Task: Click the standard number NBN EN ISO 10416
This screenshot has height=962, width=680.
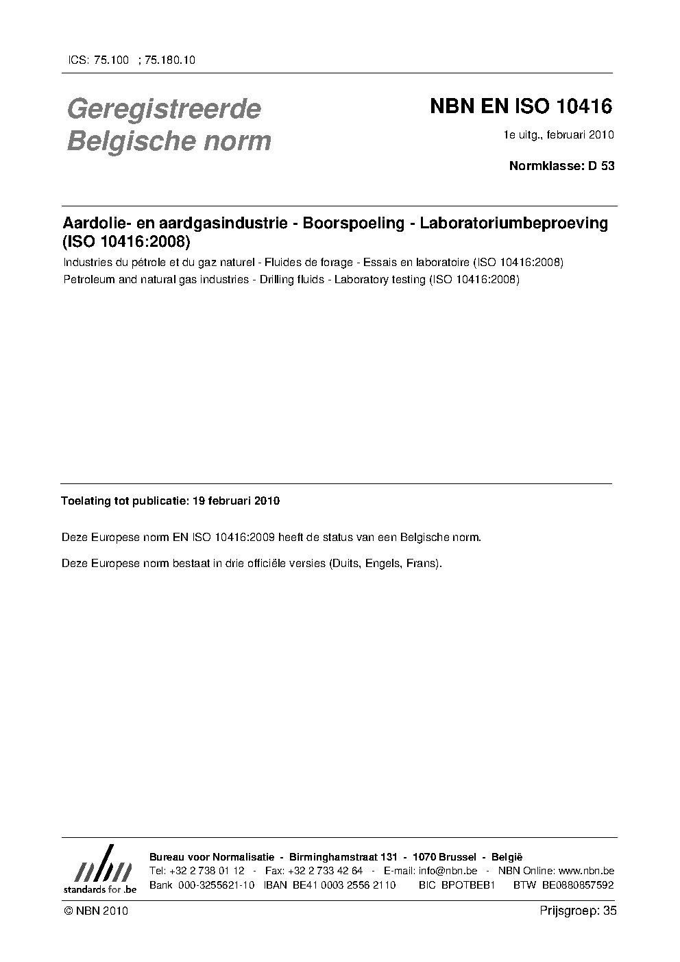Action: tap(520, 107)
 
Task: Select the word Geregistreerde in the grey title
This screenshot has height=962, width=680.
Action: tap(164, 108)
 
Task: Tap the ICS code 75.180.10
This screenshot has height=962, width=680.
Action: tap(171, 60)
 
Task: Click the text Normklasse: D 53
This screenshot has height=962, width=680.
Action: tap(561, 165)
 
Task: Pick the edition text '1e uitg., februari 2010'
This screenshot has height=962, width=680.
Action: tap(559, 134)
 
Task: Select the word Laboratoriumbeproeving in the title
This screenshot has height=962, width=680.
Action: tap(513, 223)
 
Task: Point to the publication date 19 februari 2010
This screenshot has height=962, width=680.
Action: tap(236, 501)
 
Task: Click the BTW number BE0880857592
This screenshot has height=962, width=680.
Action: tap(577, 885)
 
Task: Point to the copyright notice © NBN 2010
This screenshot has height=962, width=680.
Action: tap(95, 911)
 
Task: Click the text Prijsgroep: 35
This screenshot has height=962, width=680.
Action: tap(578, 911)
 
